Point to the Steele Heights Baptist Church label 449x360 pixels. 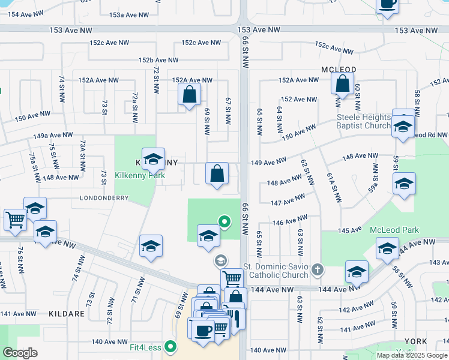coord(364,121)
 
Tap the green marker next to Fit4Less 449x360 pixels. coord(172,346)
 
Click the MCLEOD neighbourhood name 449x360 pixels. coord(339,70)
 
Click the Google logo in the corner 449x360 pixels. coord(20,353)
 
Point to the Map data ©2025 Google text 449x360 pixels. coord(412,355)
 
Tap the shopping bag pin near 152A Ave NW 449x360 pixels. coord(189,95)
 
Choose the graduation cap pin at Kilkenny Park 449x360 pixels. coord(153,160)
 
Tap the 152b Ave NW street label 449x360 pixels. coord(158,60)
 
